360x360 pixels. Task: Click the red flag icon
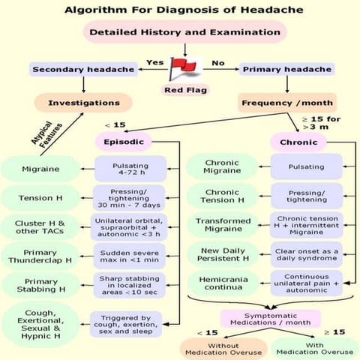[x=181, y=71]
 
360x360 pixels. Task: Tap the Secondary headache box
[x=83, y=70]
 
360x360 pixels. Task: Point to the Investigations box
[x=83, y=102]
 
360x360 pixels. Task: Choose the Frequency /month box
[x=281, y=102]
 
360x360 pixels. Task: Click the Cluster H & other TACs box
[x=40, y=226]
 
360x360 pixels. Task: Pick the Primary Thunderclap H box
[x=40, y=256]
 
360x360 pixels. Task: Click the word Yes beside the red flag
[x=154, y=62]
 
